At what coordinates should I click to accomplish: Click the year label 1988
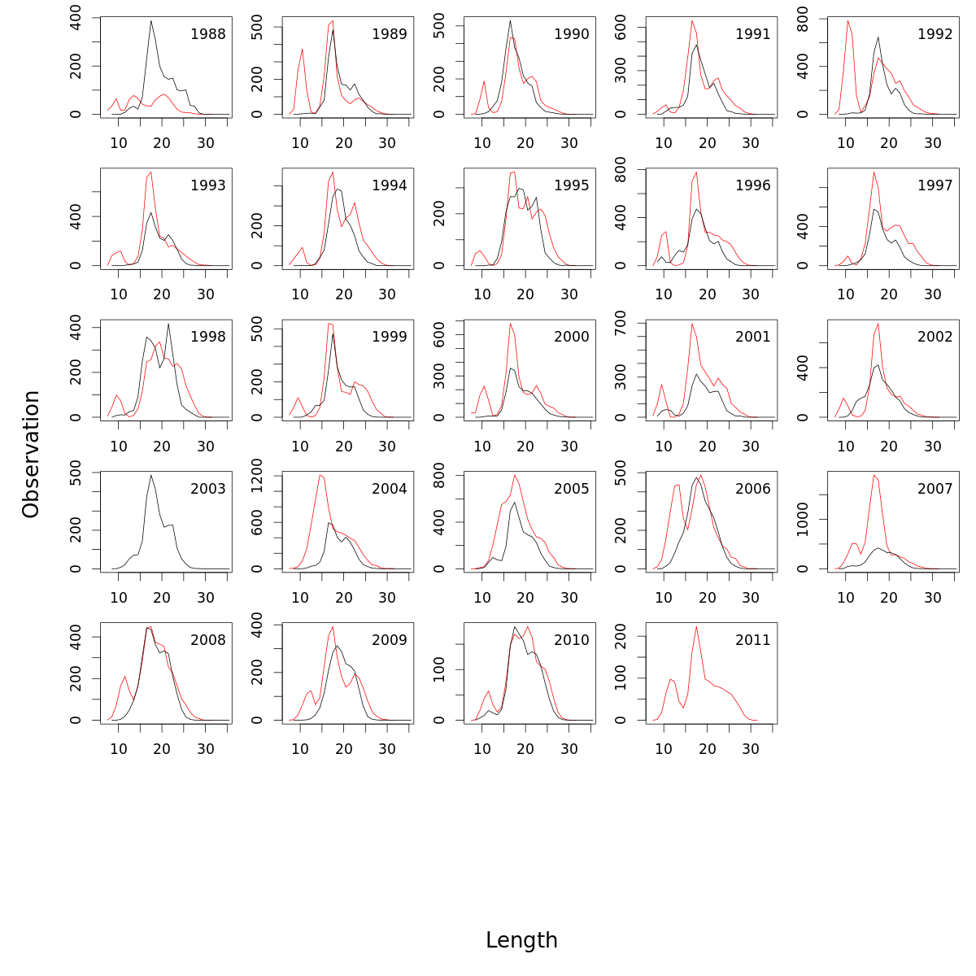pyautogui.click(x=207, y=34)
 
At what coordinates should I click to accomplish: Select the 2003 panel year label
pyautogui.click(x=207, y=489)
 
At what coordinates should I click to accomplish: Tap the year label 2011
pyautogui.click(x=752, y=640)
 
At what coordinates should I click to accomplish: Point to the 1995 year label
pyautogui.click(x=571, y=185)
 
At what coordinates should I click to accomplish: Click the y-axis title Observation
pyautogui.click(x=31, y=454)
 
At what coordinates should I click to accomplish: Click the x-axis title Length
pyautogui.click(x=521, y=940)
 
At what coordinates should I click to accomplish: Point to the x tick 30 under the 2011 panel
pyautogui.click(x=751, y=750)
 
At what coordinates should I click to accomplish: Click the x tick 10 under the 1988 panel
pyautogui.click(x=119, y=144)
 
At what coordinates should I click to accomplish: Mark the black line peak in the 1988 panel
pyautogui.click(x=151, y=20)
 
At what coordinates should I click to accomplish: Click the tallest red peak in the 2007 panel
pyautogui.click(x=874, y=475)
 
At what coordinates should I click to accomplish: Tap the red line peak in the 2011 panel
pyautogui.click(x=696, y=626)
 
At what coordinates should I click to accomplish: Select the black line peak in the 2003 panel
pyautogui.click(x=151, y=475)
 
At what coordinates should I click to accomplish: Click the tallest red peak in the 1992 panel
pyautogui.click(x=847, y=20)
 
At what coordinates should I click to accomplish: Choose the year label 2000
pyautogui.click(x=571, y=337)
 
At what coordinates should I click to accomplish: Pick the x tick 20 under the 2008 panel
pyautogui.click(x=162, y=750)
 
